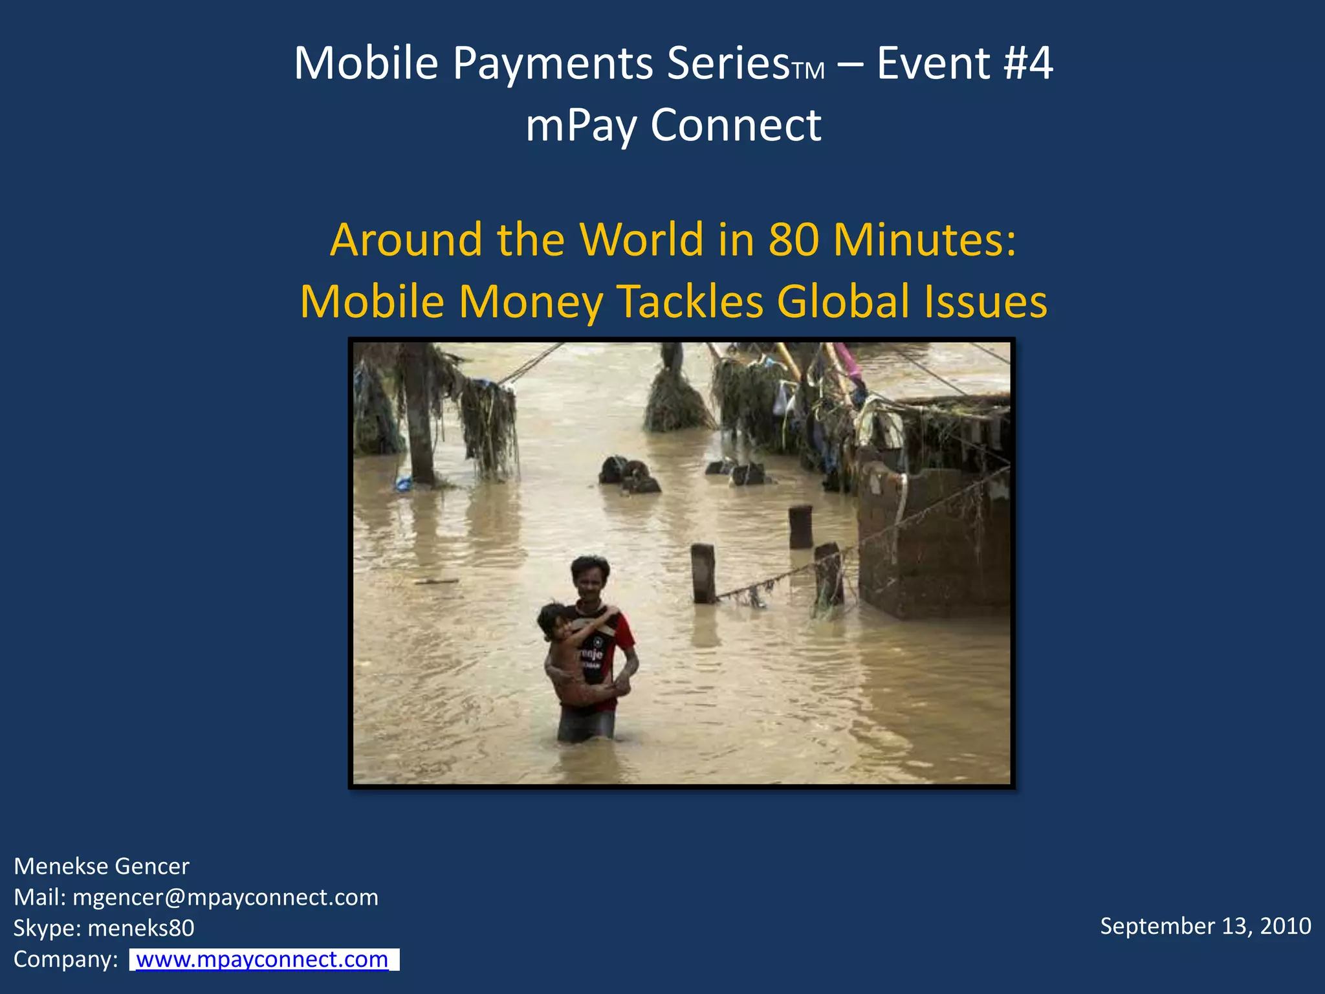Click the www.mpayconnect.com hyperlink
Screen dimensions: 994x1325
pos(262,959)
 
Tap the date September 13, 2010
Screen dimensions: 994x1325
pos(1205,926)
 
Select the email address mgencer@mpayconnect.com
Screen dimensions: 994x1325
pos(225,898)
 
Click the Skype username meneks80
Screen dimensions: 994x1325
pos(140,928)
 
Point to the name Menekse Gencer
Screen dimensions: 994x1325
pos(102,867)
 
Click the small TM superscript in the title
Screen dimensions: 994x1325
pos(808,71)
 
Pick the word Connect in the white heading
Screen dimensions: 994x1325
pos(736,125)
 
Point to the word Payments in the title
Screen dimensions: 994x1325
pos(553,63)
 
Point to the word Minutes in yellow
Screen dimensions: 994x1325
pos(925,239)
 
